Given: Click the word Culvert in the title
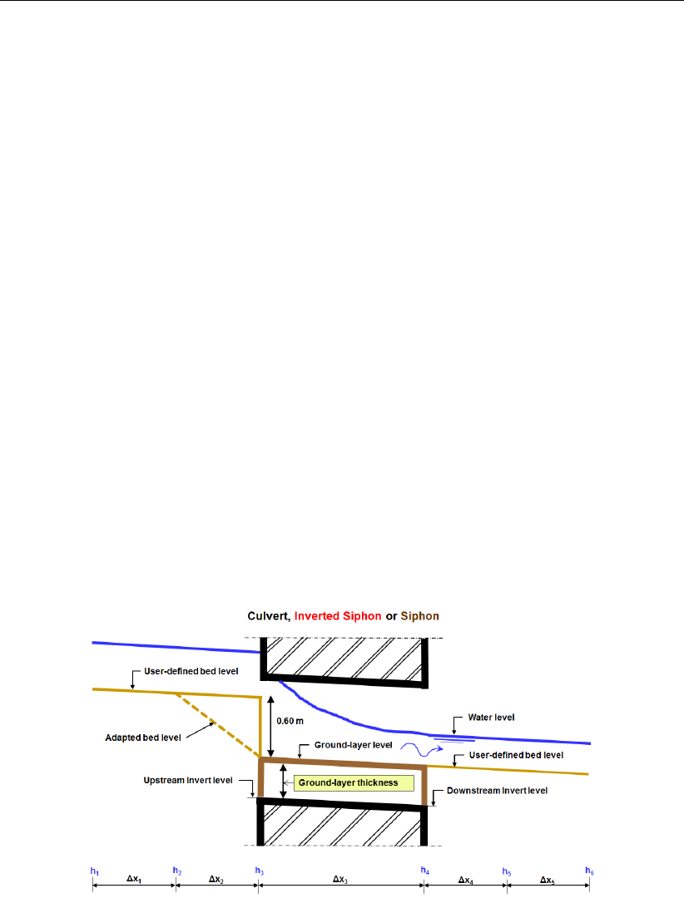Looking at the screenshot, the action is pos(267,616).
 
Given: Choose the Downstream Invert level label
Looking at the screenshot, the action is pos(497,791).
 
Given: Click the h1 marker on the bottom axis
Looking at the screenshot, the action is pos(95,871).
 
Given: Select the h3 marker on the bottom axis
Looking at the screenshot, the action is pos(260,871).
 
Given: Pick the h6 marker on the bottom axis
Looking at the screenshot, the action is pos(589,871).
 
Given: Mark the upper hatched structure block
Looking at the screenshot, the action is pos(343,657).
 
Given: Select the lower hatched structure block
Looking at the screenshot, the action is pos(343,823).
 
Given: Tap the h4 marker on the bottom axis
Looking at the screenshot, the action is pos(425,871).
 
